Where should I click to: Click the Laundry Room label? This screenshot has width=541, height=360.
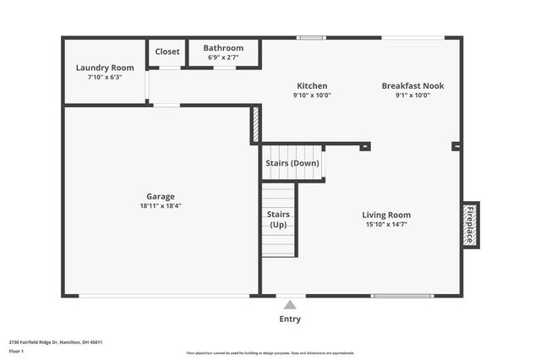coord(105,68)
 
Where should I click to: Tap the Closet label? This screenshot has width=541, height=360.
coord(167,52)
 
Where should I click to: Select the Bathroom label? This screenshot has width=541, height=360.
coord(223,48)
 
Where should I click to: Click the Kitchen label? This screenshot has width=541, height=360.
coord(312,85)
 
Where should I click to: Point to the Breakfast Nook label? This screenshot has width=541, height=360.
coord(413,85)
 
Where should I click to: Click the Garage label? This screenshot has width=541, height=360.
coord(161,196)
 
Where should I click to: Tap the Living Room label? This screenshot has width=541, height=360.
coord(386,215)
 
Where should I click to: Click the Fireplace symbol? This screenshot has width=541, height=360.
coord(470,225)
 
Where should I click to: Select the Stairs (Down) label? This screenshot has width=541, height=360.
coord(292,162)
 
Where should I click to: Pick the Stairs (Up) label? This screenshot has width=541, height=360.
coord(278,220)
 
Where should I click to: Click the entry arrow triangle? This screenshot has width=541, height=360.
coord(290,305)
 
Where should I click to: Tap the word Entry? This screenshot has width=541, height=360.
coord(290,319)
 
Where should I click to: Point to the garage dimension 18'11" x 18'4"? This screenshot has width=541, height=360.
coord(161,205)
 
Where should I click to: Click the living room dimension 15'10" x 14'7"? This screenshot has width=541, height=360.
coord(386,224)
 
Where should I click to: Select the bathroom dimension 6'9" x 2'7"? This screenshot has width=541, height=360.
coord(223,57)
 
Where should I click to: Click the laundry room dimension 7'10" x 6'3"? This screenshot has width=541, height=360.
coord(105,77)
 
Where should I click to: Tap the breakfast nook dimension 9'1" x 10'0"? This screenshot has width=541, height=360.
coord(413,95)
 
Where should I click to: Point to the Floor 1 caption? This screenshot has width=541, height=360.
coord(16,351)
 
